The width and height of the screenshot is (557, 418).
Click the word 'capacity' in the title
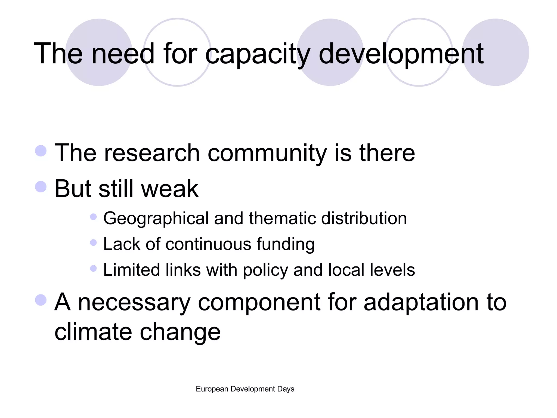(257, 54)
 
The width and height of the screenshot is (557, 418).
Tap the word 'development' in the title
(401, 54)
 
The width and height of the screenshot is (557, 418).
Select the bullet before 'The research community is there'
(41, 151)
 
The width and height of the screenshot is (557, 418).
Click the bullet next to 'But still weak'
(41, 187)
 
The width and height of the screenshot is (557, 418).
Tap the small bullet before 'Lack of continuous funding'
(93, 242)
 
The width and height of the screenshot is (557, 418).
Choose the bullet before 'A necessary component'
(41, 300)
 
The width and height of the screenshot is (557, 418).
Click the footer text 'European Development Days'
(245, 389)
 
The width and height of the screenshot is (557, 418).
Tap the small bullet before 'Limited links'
(93, 269)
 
